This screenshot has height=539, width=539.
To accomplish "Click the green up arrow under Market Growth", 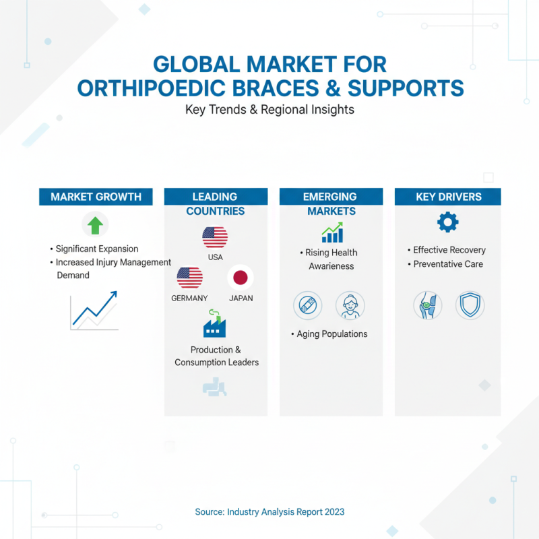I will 95,224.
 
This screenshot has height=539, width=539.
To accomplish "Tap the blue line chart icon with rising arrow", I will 95,310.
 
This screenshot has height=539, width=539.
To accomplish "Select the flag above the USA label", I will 215,237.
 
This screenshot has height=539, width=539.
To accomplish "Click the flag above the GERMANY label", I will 189,278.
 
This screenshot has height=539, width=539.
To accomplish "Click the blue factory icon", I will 214,324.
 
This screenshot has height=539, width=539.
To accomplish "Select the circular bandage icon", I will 307,305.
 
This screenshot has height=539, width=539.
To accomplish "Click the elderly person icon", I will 350,305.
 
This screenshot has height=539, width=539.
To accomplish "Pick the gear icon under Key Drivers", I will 447,222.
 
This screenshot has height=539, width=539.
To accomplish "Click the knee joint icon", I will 426,305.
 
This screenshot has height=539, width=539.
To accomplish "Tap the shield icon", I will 470,305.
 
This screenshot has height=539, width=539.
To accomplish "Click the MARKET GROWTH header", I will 96,197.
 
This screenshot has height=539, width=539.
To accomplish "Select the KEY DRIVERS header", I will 448,197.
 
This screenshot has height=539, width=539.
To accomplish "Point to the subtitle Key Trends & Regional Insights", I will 269,110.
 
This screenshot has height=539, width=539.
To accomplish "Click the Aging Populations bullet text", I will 332,334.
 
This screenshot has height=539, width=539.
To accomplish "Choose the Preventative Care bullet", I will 448,264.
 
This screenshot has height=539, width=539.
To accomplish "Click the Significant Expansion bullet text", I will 97,249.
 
